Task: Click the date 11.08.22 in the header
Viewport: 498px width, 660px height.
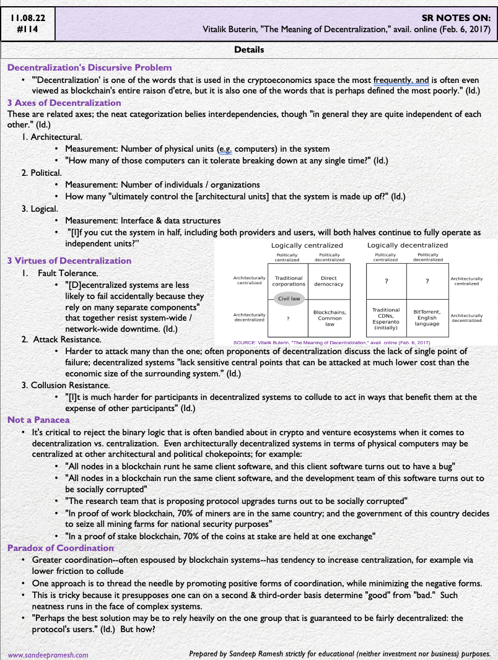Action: [x=27, y=17]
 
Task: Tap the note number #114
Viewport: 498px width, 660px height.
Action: [x=27, y=29]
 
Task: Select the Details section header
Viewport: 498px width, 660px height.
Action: [x=249, y=50]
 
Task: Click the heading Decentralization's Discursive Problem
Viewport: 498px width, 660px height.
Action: [x=89, y=67]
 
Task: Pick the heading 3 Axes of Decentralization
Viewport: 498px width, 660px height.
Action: [x=64, y=103]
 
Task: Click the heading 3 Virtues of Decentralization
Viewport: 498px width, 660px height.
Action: [x=69, y=261]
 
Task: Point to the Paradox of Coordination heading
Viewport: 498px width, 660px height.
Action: [x=61, y=548]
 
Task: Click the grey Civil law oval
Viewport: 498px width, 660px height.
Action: [x=289, y=298]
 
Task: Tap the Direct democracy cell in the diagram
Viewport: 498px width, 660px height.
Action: [x=329, y=281]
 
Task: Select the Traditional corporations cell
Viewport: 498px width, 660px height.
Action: [x=289, y=281]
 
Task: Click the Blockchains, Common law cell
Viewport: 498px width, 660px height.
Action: [x=330, y=318]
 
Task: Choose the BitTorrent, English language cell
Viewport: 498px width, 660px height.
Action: [x=427, y=317]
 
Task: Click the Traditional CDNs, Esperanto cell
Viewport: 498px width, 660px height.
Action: [x=386, y=318]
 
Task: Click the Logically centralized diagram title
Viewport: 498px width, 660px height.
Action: [x=307, y=245]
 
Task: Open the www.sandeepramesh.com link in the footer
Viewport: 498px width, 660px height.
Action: [x=48, y=654]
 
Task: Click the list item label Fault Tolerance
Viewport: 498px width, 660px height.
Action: [x=63, y=272]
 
